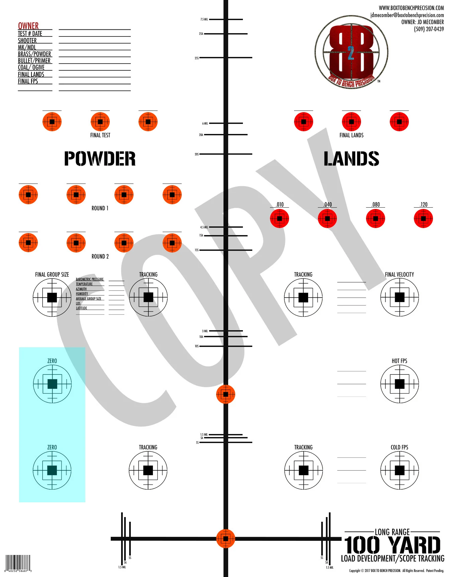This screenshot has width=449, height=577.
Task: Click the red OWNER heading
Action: (x=28, y=26)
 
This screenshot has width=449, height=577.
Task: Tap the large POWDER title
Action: (x=100, y=159)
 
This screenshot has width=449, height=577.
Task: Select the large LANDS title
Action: (x=351, y=159)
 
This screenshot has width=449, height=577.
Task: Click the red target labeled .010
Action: (x=279, y=219)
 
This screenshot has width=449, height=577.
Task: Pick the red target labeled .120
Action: (x=423, y=219)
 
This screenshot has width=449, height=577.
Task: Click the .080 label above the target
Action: (x=375, y=205)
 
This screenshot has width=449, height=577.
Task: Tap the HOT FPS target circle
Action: (x=399, y=384)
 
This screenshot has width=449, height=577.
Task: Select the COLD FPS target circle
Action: (x=399, y=470)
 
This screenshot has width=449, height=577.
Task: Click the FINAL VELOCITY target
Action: (x=399, y=297)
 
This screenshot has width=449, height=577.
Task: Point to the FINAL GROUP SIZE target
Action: (x=52, y=297)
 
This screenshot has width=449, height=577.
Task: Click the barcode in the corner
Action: (x=18, y=563)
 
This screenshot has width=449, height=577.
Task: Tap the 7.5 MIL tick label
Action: (x=204, y=19)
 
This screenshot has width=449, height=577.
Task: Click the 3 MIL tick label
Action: (x=205, y=331)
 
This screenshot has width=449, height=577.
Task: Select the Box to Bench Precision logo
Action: (x=351, y=53)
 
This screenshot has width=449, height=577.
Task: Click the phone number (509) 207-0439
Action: (x=429, y=29)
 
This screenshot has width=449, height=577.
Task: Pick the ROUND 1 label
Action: (x=100, y=208)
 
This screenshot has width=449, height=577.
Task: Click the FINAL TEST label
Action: (x=100, y=135)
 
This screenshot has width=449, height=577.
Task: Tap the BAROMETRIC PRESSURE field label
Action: (x=90, y=279)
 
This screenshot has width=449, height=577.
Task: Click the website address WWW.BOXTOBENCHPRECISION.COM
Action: (x=411, y=8)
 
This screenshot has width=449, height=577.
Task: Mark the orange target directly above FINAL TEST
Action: (x=100, y=122)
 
